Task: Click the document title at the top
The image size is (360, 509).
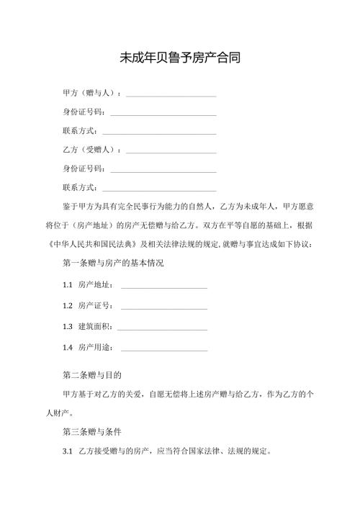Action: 180,58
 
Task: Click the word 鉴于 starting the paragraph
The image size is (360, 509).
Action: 71,206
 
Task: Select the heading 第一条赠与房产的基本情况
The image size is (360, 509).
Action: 114,263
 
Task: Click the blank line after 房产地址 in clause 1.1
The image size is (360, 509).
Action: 164,287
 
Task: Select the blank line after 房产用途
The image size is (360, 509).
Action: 164,348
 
